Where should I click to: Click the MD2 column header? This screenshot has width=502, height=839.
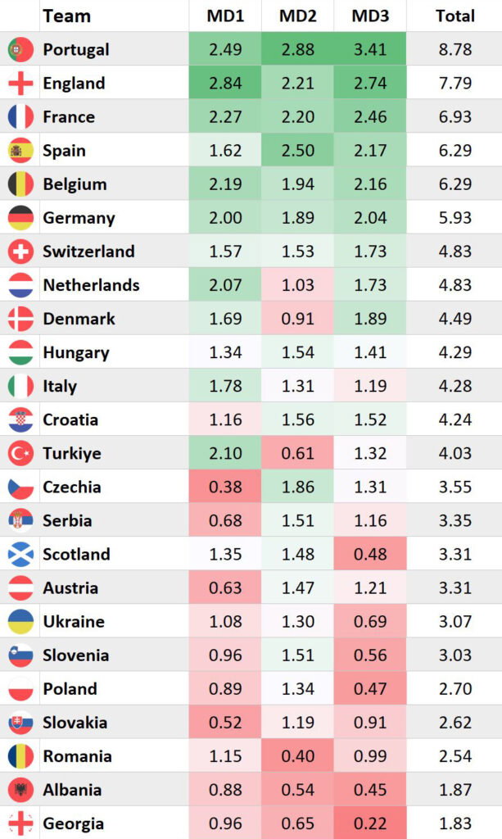(297, 16)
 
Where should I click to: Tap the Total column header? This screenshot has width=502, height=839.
(455, 16)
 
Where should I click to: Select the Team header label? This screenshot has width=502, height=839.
(66, 16)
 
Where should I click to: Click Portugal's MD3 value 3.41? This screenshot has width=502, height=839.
(369, 49)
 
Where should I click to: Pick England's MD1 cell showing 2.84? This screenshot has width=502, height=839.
(225, 83)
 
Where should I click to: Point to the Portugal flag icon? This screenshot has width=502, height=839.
(20, 49)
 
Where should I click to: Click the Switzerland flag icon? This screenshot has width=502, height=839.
(20, 251)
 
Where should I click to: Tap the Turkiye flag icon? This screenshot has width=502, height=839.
(20, 453)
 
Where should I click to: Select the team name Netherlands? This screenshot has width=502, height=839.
(91, 285)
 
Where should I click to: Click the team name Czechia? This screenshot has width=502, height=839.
(72, 487)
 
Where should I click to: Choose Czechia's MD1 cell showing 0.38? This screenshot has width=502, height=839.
(225, 487)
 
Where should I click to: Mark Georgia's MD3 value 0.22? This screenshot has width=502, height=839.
(369, 823)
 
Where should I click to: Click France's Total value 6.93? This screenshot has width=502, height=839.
(455, 116)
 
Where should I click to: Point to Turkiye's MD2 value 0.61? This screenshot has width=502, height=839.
(297, 453)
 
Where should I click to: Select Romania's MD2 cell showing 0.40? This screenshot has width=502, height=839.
(297, 756)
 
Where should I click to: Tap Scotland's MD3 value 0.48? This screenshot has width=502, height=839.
(369, 554)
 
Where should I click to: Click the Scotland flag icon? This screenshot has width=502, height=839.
(20, 554)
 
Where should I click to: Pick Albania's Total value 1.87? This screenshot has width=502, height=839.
(455, 790)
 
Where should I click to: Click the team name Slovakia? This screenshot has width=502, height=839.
(75, 723)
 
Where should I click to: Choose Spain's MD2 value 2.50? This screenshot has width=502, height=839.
(297, 150)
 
